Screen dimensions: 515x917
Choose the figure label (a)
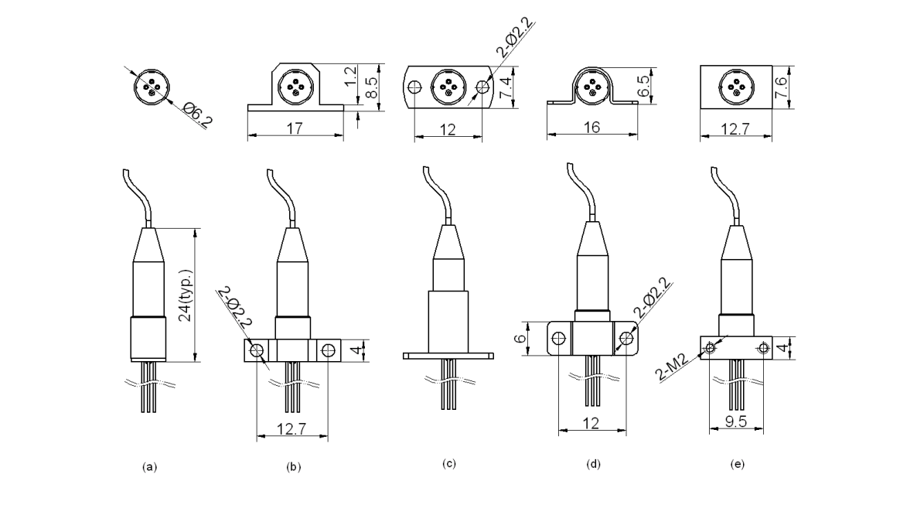click(x=150, y=466)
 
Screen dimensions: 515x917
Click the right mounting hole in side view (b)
click(x=329, y=352)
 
